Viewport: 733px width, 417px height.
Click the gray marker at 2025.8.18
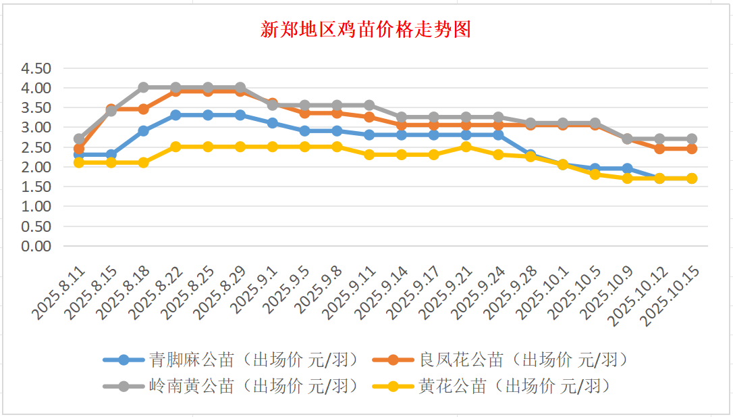[x=143, y=88]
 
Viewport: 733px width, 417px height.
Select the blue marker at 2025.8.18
[x=143, y=131]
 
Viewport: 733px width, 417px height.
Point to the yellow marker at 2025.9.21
[x=466, y=147]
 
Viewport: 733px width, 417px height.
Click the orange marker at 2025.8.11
[x=79, y=149]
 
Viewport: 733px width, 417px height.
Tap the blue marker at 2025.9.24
[x=498, y=135]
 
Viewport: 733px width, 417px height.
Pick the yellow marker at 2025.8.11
[x=79, y=163]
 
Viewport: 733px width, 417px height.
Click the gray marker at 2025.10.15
[x=691, y=139]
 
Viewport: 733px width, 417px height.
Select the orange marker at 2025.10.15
[x=691, y=149]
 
